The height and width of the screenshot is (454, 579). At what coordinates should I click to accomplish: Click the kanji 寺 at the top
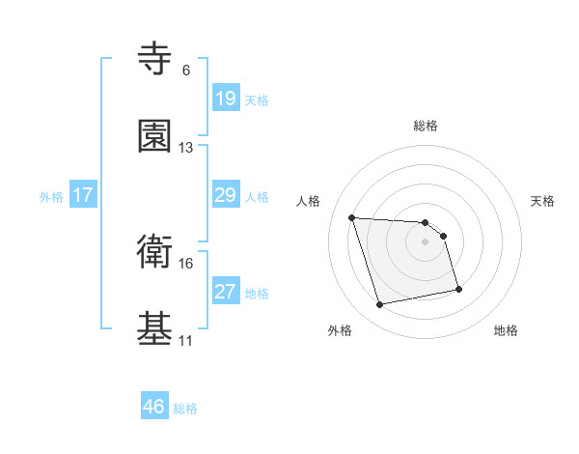155,60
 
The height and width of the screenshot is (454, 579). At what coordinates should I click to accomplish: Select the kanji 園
155,137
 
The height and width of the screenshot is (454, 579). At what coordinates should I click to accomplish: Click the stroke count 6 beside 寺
186,71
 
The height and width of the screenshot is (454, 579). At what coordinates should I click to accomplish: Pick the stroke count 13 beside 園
186,148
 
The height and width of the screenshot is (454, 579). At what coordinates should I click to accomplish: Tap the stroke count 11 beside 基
186,341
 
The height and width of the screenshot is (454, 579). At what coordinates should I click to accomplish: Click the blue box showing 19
225,99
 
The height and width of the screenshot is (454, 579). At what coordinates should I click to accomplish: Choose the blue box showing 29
225,195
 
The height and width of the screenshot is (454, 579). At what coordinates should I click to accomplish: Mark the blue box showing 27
225,292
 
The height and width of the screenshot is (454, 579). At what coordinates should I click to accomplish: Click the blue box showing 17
83,195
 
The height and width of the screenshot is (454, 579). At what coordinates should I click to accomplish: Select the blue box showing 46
154,408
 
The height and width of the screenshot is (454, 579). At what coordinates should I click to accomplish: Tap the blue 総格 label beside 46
185,409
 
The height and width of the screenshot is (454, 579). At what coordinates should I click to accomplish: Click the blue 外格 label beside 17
51,196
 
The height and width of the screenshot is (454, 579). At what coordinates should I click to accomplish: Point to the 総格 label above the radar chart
426,126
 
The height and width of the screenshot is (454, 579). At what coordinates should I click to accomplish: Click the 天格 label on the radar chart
543,201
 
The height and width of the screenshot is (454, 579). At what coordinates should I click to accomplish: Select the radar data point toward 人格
352,217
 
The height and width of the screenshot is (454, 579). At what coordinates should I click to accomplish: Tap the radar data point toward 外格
380,305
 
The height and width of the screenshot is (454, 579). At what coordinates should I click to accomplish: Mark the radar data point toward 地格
458,288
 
